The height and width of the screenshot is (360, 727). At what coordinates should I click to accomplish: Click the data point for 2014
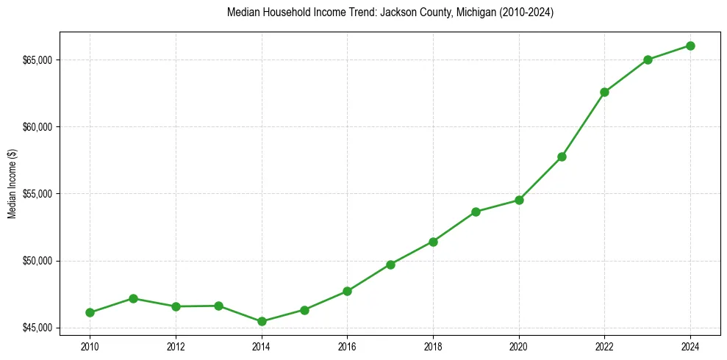coord(262,321)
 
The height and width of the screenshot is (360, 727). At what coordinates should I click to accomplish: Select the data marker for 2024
coord(690,46)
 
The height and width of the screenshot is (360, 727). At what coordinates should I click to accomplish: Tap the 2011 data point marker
coord(133,298)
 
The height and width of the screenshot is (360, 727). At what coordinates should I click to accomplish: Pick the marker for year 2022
coord(604,92)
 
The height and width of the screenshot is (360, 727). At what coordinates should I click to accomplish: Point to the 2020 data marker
coord(519,200)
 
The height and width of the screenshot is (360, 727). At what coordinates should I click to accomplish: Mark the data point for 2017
coord(390,264)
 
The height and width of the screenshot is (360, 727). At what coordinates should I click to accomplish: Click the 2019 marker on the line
coord(476,212)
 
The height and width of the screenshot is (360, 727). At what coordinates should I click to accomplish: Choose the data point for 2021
coord(562,156)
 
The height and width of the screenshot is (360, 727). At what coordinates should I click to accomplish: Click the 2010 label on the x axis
coord(90,346)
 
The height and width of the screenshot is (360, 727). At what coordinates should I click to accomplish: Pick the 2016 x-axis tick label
coord(347,346)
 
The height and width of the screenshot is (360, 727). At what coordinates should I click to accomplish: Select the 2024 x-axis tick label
coord(690,346)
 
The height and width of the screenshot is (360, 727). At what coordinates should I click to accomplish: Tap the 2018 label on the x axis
coord(433,346)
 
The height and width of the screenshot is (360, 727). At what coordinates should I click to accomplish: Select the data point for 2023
coord(648,60)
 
